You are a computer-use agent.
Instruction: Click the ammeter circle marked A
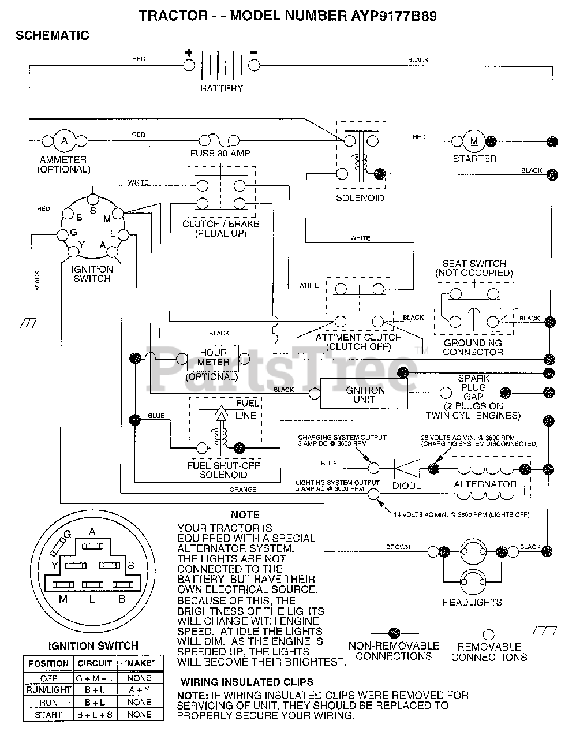[64, 140]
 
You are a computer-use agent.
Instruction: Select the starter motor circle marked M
[474, 141]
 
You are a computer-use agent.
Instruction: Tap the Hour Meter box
[213, 358]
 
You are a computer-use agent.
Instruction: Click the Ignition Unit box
[364, 394]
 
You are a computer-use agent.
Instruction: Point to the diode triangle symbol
[407, 468]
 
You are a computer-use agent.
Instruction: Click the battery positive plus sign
[189, 53]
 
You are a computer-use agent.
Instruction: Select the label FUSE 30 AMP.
[221, 154]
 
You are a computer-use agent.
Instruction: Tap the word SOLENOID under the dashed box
[360, 198]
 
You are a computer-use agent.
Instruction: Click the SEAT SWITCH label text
[474, 263]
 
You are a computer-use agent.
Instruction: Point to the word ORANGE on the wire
[243, 490]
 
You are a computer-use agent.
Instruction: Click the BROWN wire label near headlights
[398, 547]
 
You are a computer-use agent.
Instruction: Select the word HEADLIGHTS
[472, 602]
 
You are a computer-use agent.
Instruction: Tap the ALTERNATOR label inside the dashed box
[485, 484]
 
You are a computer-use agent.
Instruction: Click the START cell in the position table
[48, 715]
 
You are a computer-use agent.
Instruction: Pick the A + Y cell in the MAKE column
[139, 689]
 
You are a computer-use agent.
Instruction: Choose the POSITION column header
[48, 663]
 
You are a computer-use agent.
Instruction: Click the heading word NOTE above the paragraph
[245, 515]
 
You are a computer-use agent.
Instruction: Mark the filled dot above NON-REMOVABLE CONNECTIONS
[394, 633]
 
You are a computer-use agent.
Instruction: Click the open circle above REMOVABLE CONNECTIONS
[488, 635]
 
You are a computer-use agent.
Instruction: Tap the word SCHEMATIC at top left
[53, 35]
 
